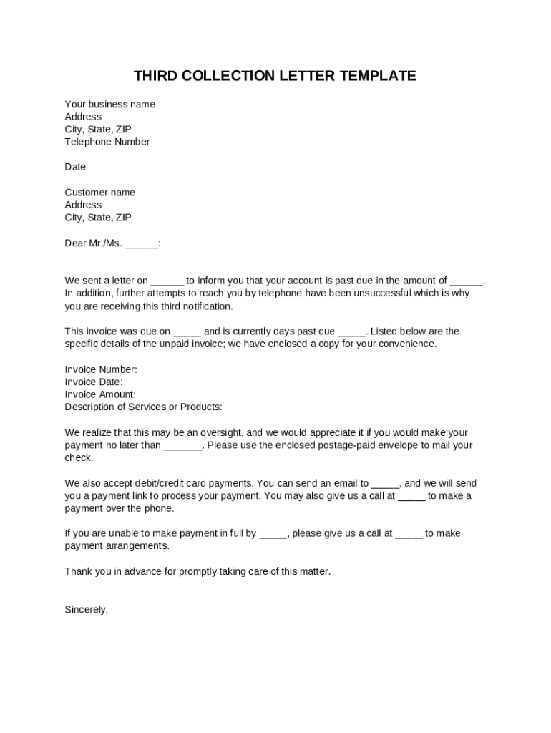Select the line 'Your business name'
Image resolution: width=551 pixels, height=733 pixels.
click(109, 105)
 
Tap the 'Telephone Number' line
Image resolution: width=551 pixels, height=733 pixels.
click(107, 142)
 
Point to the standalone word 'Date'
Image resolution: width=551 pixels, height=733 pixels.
click(75, 167)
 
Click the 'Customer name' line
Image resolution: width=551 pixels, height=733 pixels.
click(99, 193)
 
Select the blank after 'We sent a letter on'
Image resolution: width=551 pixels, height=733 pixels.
click(167, 281)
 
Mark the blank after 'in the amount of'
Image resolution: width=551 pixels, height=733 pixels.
click(467, 281)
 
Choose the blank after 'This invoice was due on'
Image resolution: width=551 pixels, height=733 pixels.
click(187, 332)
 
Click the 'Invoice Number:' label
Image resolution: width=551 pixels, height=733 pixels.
click(101, 369)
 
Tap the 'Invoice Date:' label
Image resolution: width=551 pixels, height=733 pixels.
click(94, 382)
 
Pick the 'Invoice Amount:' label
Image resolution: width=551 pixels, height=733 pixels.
click(100, 394)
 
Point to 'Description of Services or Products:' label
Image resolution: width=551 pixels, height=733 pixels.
click(143, 407)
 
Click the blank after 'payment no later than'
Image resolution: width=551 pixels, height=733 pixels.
click(183, 446)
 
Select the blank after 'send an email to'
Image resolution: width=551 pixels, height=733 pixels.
click(386, 484)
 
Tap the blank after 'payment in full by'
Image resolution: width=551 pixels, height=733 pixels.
click(273, 534)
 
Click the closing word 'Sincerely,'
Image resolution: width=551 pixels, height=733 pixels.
click(86, 610)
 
